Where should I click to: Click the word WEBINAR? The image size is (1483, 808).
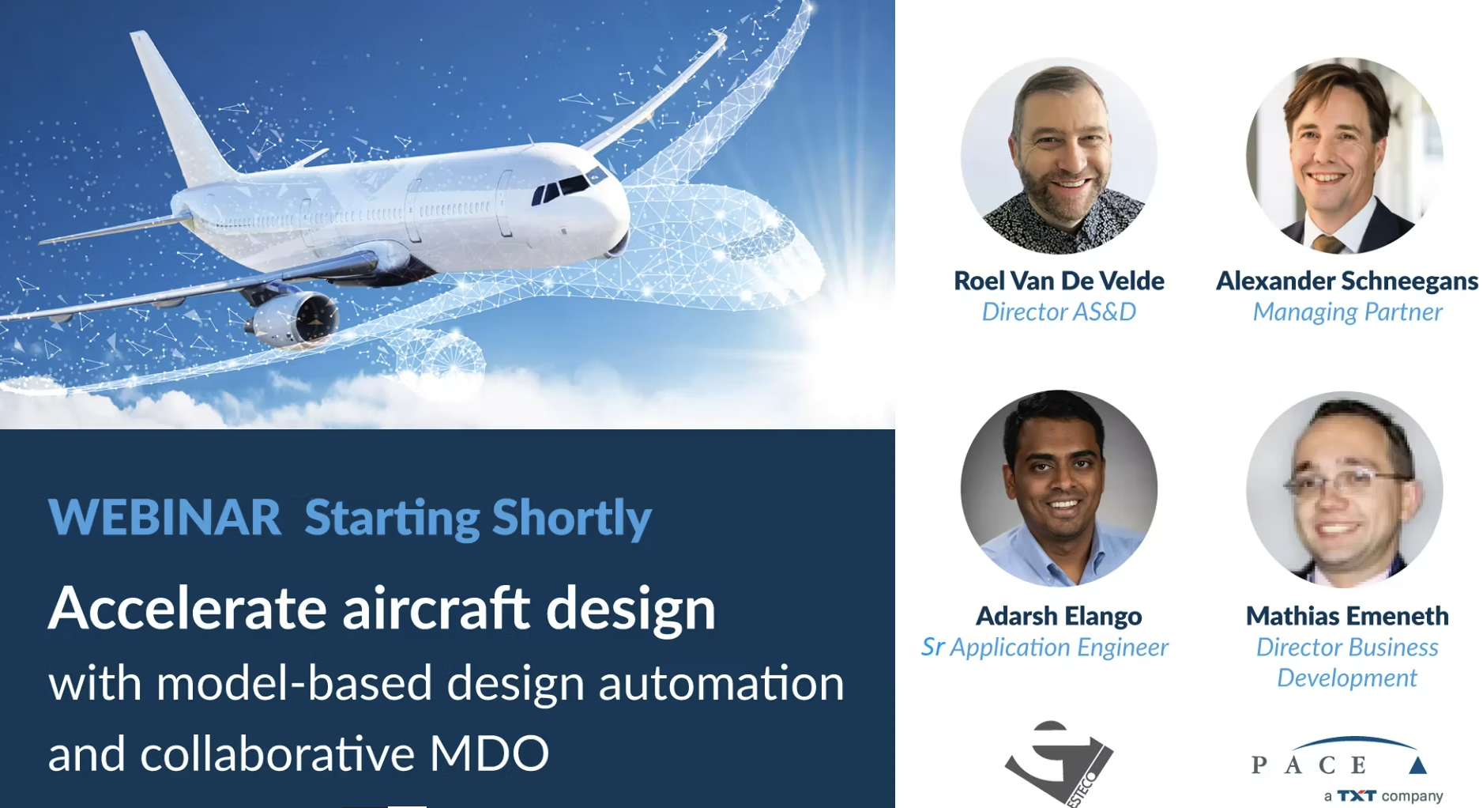click(x=164, y=517)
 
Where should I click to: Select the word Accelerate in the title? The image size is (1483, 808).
click(x=187, y=609)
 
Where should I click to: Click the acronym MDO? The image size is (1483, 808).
click(x=489, y=753)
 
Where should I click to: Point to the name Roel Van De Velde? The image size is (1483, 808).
click(x=1059, y=281)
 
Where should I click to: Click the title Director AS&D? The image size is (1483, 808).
click(x=1059, y=311)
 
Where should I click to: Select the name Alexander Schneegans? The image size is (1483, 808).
click(x=1347, y=281)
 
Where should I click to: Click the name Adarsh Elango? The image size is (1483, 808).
click(x=1059, y=616)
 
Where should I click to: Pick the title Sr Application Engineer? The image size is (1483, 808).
click(x=1044, y=648)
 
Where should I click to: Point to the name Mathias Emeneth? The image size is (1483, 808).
click(x=1347, y=616)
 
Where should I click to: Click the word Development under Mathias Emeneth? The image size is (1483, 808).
click(x=1347, y=678)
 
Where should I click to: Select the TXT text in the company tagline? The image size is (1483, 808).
click(x=1357, y=795)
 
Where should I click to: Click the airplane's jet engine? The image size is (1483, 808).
click(x=294, y=318)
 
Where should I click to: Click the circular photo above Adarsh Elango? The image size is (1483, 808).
click(x=1060, y=489)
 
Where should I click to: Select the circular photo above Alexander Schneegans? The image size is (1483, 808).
click(x=1345, y=156)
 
